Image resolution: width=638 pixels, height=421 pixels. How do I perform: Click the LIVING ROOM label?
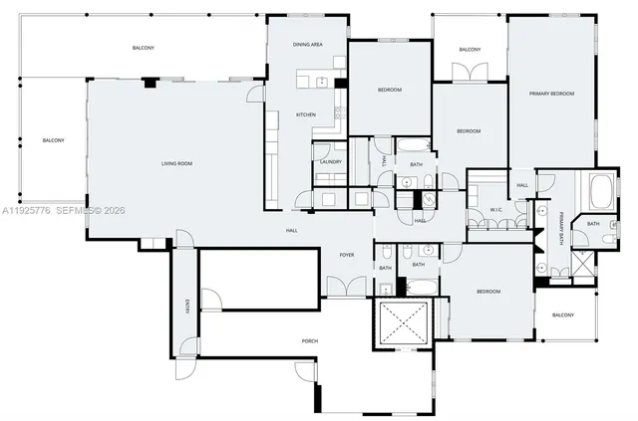click(x=176, y=163)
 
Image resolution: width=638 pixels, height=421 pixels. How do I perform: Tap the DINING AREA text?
click(x=307, y=45)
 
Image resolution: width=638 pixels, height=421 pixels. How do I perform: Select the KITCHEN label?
click(x=306, y=114)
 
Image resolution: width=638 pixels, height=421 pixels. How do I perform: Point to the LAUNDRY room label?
click(x=330, y=161)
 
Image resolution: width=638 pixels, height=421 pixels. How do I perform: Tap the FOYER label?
click(x=347, y=256)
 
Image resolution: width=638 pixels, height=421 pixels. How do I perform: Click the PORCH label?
click(x=310, y=341)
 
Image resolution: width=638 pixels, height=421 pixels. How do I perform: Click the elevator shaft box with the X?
click(x=403, y=322)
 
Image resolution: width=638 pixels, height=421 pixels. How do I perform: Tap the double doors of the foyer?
click(x=341, y=286)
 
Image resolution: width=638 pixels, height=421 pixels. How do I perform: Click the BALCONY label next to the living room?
click(x=53, y=140)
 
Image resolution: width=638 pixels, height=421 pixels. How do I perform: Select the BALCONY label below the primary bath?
click(x=562, y=315)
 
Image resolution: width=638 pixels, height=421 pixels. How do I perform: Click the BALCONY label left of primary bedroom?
click(x=470, y=50)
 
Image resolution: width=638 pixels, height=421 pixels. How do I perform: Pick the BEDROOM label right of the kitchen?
click(x=389, y=91)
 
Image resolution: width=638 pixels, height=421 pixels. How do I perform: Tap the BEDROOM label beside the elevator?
click(x=487, y=291)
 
